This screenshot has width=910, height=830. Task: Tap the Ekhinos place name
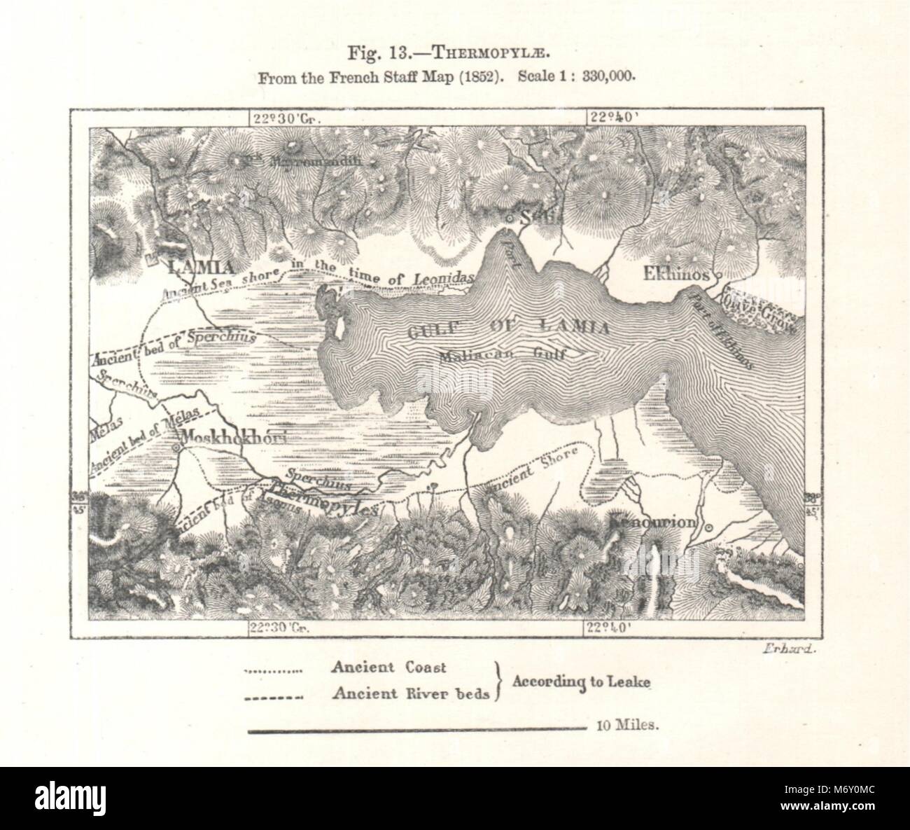pyautogui.click(x=671, y=275)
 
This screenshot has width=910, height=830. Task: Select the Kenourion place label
pyautogui.click(x=652, y=522)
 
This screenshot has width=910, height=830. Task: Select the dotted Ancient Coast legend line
pyautogui.click(x=272, y=670)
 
